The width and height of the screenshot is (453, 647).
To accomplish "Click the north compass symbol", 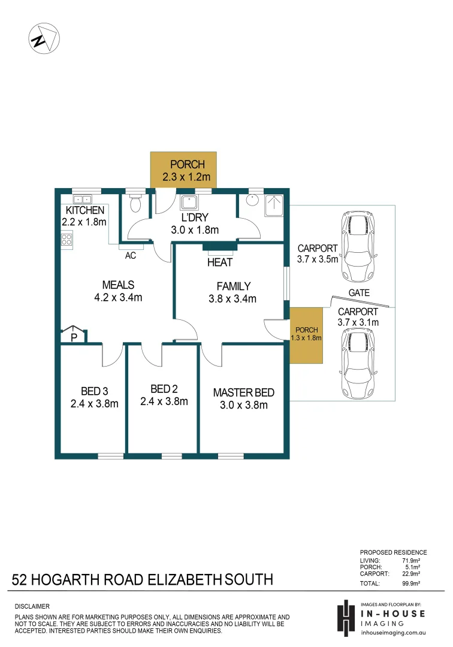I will pos(42,39).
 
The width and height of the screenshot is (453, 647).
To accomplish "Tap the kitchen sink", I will pos(82,199).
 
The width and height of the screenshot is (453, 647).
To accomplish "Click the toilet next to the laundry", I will pos(135,204).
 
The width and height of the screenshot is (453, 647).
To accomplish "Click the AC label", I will pos(130,255).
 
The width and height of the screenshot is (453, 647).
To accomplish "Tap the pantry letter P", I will pos(73,337).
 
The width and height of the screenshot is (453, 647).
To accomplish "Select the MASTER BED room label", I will pos(243,393).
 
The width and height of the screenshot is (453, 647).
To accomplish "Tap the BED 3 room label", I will pos(93,391).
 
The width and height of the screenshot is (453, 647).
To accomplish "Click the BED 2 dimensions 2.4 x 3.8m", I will pos(164,401).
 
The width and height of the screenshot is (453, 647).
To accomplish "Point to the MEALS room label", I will pos(117,285).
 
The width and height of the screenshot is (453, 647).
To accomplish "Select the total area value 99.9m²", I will pos(411,583).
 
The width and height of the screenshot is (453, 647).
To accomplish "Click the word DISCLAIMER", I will pos(32,607).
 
